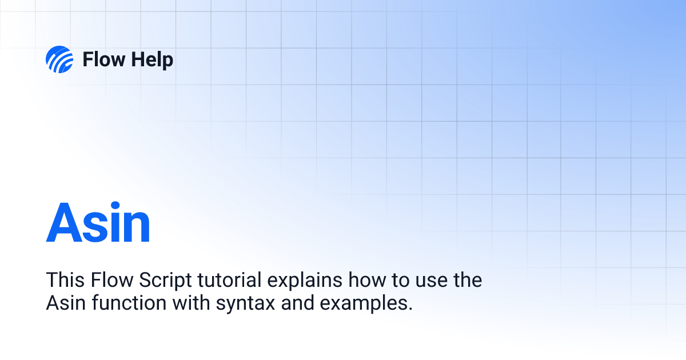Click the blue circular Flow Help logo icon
coord(59,59)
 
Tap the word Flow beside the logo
coord(102,59)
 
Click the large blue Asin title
coord(98,223)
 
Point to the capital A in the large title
coord(64,223)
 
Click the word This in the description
coord(65,281)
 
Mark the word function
coord(125,303)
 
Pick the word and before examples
coord(297,303)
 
